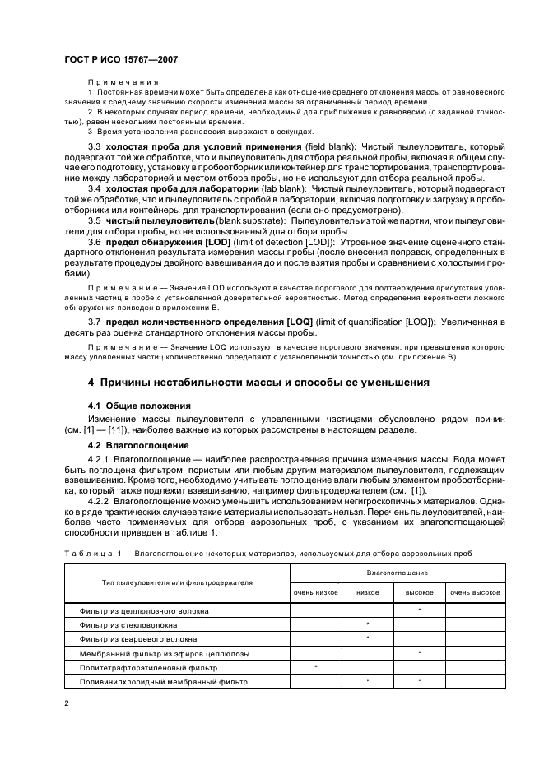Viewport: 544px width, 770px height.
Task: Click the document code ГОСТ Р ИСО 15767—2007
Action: point(122,60)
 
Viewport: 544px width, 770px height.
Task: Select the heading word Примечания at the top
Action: point(123,82)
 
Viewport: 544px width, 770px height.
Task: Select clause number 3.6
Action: point(95,243)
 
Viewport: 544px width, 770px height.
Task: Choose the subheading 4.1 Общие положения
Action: point(139,406)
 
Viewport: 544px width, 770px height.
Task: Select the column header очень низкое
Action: point(314,592)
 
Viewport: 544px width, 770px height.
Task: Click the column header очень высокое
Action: point(475,592)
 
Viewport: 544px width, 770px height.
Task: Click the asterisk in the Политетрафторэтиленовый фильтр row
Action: point(315,667)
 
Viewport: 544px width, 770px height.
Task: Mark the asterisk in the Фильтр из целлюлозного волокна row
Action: point(420,610)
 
